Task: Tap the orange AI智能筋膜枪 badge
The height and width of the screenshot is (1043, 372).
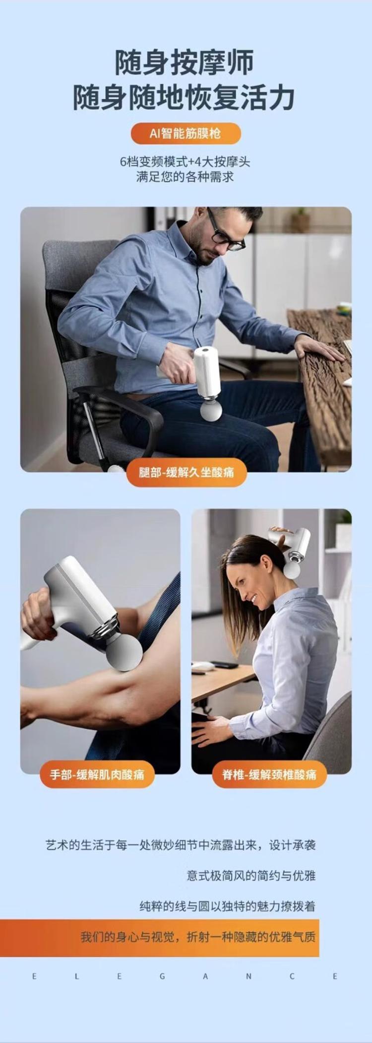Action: tap(186, 134)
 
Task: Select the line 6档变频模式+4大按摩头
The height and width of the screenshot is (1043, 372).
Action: tap(185, 162)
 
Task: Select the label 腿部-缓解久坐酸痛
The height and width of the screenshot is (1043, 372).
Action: tap(186, 472)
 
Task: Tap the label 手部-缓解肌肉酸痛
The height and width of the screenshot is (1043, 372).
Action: tap(97, 774)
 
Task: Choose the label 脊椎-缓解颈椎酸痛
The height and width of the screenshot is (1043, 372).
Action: tap(269, 774)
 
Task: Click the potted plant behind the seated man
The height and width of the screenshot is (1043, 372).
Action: tap(300, 219)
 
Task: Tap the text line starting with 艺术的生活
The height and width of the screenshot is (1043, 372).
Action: tap(181, 845)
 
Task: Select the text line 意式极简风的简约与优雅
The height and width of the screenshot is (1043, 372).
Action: tap(251, 875)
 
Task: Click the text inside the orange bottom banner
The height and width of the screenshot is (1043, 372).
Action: tap(198, 937)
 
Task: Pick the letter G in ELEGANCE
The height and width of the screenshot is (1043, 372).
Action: tap(162, 976)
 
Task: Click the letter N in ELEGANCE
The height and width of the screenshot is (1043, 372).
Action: tap(248, 976)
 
